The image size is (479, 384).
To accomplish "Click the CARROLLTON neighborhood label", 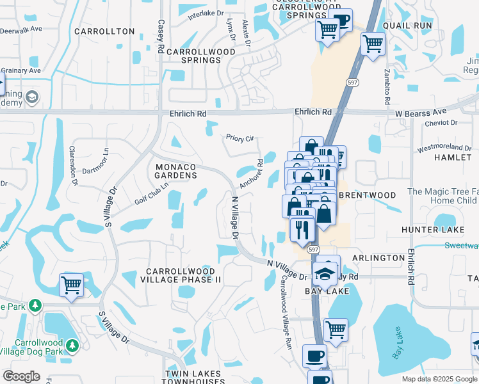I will pos(104,31).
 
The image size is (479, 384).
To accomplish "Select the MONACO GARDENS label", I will pos(176,171).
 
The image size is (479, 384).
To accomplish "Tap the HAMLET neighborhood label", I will pos(452,157).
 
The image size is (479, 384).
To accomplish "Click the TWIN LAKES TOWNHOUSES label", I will pos(193,378).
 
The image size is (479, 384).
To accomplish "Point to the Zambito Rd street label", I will pos(387,87).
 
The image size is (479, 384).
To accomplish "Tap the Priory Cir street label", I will pos(240,138).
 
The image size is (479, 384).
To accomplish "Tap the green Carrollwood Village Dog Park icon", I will pos(72,346).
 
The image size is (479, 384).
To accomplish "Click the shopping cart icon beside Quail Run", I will pos(373,44).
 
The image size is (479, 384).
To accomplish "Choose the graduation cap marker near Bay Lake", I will pos(325,274).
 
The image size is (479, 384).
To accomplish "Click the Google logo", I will pos(21,376).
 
